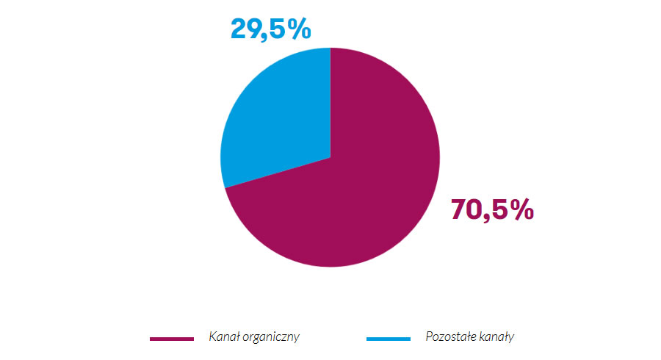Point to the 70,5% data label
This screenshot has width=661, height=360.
click(x=491, y=210)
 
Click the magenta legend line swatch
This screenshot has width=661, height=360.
click(x=172, y=338)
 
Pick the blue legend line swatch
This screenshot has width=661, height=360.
click(x=388, y=338)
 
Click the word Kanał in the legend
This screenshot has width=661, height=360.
click(x=223, y=336)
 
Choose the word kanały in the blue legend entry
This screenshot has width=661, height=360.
click(x=496, y=336)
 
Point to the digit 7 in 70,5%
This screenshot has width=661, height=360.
click(x=459, y=210)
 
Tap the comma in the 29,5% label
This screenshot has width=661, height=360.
click(x=267, y=36)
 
